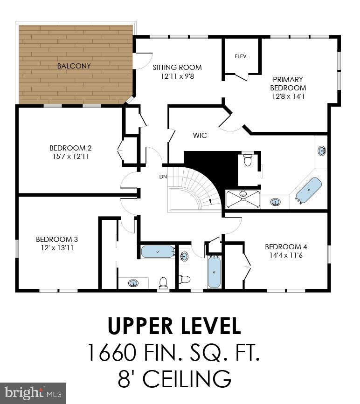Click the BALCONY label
(74, 66)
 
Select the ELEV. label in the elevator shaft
(241, 56)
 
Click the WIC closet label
(200, 136)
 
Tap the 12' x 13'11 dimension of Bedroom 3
(57, 248)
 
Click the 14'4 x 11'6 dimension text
(286, 255)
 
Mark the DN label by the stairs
(163, 177)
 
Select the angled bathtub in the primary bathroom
(309, 190)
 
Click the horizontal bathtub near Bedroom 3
(158, 252)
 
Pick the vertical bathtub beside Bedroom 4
(214, 272)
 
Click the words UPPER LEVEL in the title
(174, 326)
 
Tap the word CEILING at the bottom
(187, 379)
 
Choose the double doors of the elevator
(241, 75)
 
